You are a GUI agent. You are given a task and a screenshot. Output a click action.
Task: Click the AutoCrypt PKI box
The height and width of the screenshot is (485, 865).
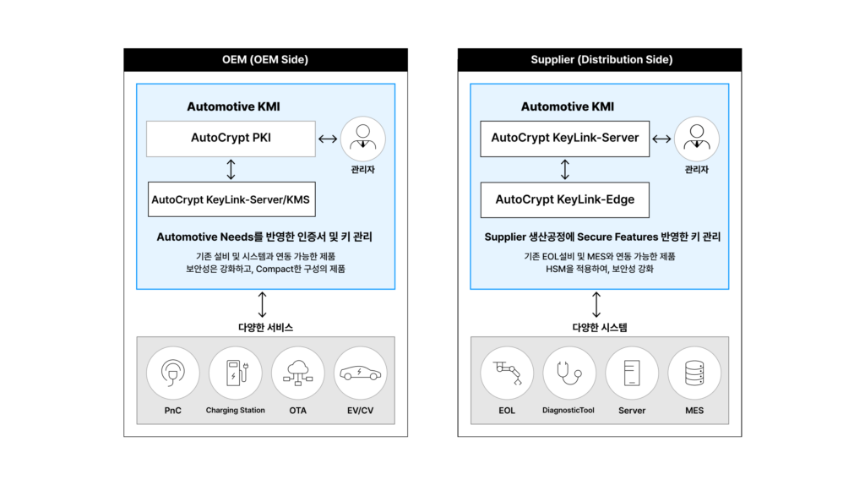pos(231,139)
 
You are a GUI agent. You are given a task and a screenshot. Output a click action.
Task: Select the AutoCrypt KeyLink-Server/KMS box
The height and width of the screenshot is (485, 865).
pos(231,199)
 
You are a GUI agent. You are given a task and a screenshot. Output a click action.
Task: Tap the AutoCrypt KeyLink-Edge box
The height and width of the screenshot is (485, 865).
pos(565,199)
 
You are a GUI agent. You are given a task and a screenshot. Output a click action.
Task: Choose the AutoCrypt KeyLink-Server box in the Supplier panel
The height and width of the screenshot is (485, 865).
pos(565,139)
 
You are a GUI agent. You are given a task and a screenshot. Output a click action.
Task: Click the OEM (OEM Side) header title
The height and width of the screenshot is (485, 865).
pos(265,60)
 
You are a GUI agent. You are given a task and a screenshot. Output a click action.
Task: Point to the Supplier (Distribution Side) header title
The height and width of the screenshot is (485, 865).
pos(601,60)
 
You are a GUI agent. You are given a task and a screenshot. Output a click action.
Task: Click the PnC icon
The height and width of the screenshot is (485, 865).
pos(172,373)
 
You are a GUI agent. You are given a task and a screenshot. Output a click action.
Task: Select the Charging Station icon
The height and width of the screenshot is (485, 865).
pos(236,373)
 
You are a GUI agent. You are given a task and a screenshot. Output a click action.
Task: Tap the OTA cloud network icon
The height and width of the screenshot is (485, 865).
pos(298,373)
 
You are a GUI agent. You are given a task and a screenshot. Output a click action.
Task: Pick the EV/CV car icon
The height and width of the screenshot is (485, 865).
pos(360,373)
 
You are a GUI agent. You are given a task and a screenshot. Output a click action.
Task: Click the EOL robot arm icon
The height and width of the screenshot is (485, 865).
pos(507,373)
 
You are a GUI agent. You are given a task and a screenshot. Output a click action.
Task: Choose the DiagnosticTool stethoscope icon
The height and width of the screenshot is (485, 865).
pos(569,373)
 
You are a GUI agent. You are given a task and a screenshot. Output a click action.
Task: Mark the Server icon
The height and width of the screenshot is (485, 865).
pos(632,373)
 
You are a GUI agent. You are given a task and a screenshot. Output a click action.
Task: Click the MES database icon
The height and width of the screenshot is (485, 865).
pos(694,373)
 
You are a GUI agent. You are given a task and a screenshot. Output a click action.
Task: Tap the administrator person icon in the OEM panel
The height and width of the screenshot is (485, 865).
pos(363,139)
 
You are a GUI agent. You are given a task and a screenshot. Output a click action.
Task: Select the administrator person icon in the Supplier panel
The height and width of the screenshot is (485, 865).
pos(697,139)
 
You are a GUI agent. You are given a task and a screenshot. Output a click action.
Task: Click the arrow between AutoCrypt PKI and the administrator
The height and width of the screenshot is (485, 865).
pos(328,139)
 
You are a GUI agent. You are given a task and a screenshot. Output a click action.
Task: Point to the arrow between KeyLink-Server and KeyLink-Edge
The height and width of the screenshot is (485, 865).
pos(565,169)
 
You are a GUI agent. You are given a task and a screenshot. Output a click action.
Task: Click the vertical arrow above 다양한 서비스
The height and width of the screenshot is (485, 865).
pos(262,304)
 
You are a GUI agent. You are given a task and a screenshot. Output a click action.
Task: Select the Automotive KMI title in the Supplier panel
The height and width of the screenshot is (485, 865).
pos(567,106)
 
